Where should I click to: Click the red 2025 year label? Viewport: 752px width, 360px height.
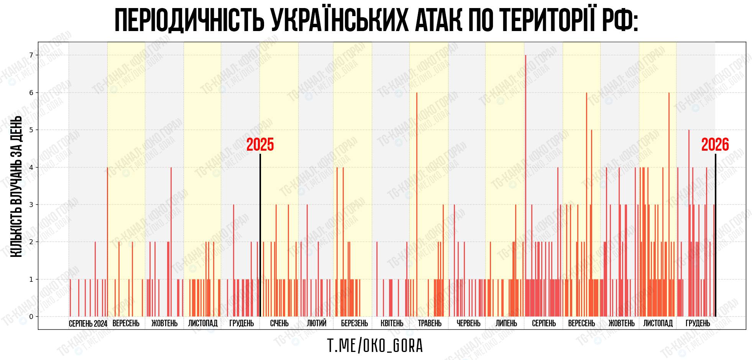(260, 145)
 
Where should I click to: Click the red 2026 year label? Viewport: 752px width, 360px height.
(715, 145)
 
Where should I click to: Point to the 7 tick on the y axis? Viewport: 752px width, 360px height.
(31, 55)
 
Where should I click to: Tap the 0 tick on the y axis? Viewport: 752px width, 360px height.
(31, 317)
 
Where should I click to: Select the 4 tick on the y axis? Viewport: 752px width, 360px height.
(31, 167)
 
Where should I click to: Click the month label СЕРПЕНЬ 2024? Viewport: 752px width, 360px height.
(88, 324)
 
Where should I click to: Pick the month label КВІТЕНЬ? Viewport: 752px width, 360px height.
(392, 324)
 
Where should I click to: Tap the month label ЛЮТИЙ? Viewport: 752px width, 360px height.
(317, 324)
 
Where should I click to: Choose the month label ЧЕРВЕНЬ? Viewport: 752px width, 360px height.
(468, 324)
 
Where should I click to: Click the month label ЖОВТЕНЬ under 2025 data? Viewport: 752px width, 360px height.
(621, 324)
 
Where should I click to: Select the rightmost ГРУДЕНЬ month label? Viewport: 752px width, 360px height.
(698, 324)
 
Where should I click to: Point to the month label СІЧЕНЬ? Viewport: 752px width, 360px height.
(279, 324)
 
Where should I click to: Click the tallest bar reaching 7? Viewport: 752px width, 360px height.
(525, 184)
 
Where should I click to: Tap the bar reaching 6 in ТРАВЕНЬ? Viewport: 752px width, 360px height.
(417, 203)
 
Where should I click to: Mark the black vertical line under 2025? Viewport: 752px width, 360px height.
(260, 234)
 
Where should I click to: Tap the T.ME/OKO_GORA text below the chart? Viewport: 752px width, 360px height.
(375, 346)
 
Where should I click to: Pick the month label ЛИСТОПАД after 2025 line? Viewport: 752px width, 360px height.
(658, 324)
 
